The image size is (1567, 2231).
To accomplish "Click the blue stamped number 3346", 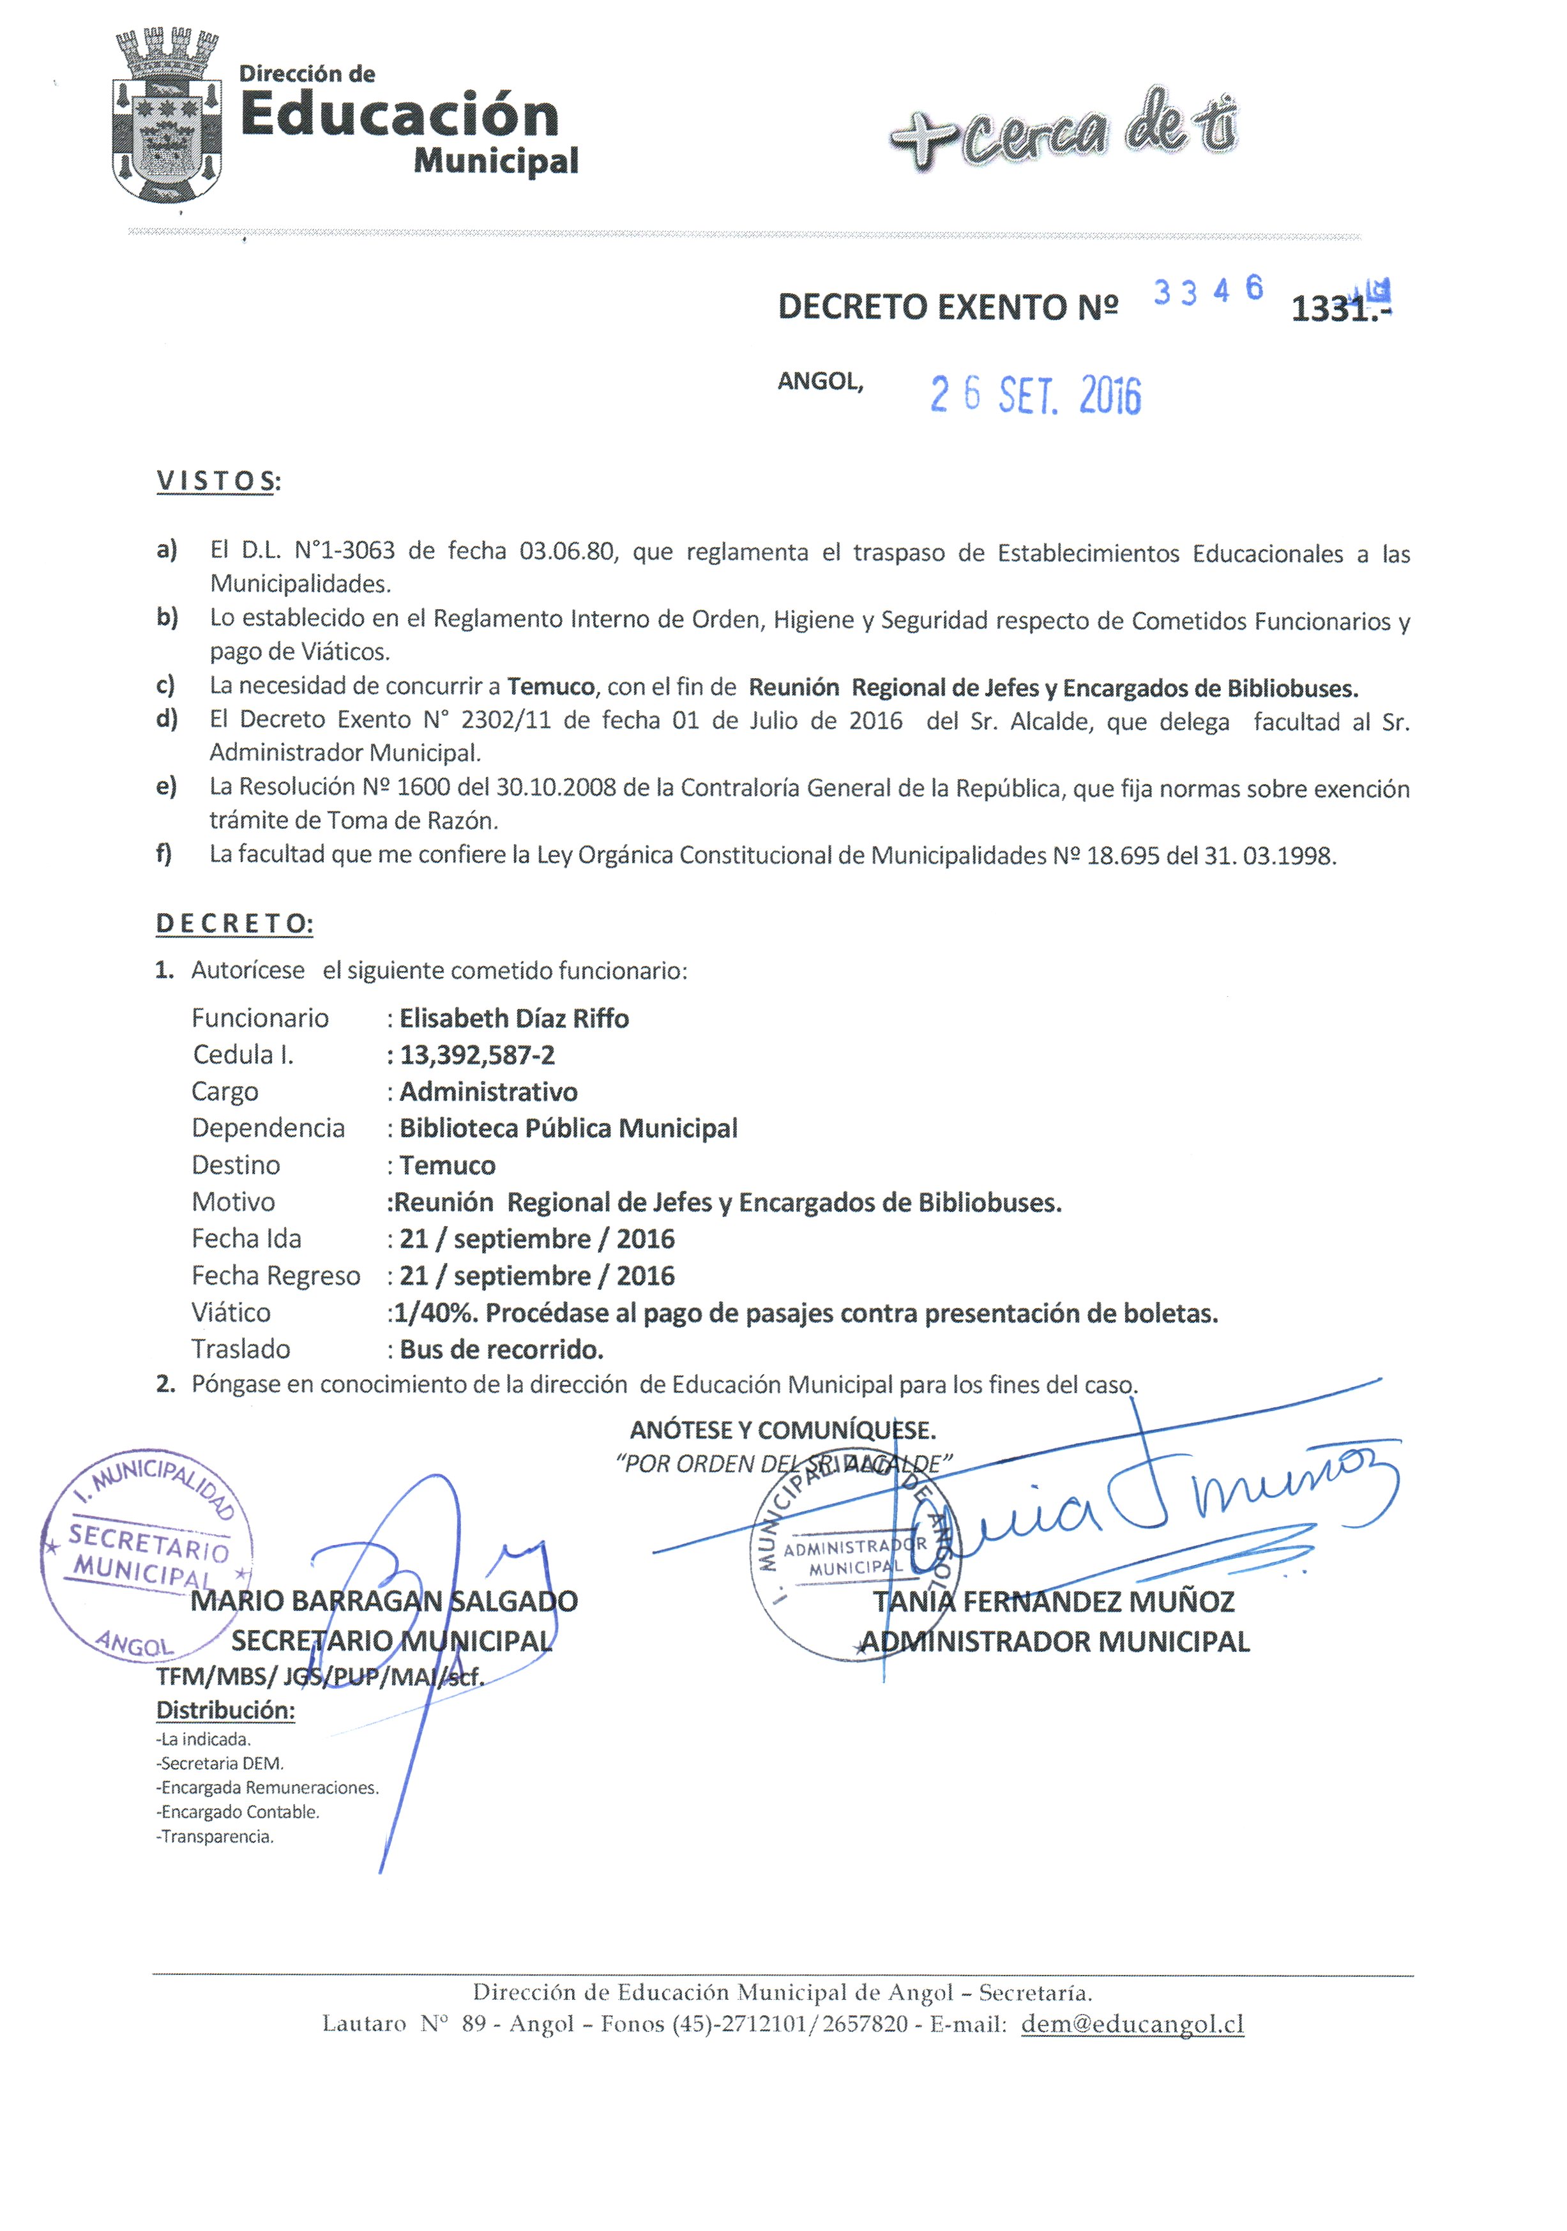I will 1207,289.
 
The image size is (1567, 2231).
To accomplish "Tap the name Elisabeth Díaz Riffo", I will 514,1018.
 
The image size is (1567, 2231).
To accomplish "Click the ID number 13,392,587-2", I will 477,1055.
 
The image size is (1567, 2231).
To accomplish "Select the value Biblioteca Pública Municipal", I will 568,1128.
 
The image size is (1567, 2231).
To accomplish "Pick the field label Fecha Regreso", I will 275,1276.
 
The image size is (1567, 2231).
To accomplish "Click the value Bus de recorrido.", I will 501,1350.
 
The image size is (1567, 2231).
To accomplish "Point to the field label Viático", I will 231,1313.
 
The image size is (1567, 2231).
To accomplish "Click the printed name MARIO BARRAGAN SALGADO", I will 384,1601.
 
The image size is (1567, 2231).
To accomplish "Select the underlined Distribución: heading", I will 225,1710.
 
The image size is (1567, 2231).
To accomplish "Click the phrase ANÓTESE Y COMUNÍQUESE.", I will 782,1430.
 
